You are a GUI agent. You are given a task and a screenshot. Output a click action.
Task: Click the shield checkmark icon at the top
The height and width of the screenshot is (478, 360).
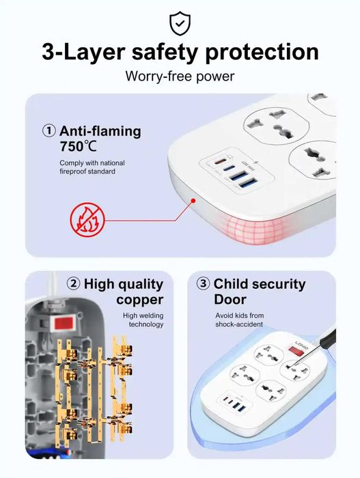pyautogui.click(x=180, y=23)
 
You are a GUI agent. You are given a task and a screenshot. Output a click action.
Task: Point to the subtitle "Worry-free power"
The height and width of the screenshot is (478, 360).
pyautogui.click(x=180, y=76)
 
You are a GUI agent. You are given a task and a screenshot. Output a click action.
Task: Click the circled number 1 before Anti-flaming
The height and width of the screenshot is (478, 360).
pyautogui.click(x=49, y=130)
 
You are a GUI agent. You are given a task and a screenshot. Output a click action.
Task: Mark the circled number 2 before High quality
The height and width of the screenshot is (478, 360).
pyautogui.click(x=73, y=284)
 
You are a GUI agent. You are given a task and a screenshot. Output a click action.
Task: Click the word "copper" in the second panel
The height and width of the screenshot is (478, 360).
pyautogui.click(x=139, y=300)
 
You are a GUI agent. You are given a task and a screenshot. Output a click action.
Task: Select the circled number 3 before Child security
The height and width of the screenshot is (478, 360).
pyautogui.click(x=203, y=284)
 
